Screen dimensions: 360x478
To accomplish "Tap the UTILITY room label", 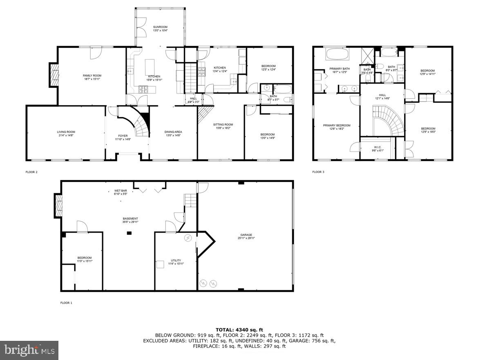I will [x=176, y=262].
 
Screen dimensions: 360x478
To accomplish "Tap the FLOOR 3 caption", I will [x=318, y=172].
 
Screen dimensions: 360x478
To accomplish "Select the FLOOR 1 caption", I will [x=66, y=303].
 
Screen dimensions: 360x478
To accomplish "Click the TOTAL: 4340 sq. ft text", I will [x=239, y=329].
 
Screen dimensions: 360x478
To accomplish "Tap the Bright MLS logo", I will [x=29, y=350].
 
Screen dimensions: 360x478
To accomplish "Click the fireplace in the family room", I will [x=54, y=75].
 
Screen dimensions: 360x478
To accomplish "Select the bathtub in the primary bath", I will [x=337, y=53].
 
